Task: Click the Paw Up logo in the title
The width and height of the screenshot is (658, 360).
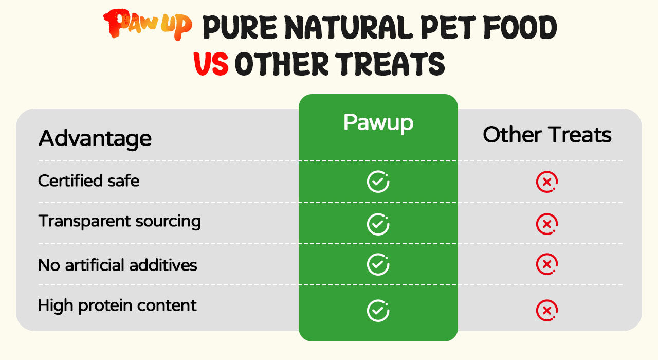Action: (x=148, y=25)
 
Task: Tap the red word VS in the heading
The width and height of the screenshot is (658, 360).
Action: (x=211, y=64)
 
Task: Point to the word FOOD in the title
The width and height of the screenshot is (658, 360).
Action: (x=520, y=27)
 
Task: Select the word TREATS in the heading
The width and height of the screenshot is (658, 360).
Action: (x=390, y=64)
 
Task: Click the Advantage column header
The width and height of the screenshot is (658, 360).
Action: (x=95, y=139)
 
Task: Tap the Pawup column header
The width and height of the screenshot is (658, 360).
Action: (x=378, y=123)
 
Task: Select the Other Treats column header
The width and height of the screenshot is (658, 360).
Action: (x=547, y=135)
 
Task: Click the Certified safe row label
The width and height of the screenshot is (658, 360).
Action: (x=89, y=181)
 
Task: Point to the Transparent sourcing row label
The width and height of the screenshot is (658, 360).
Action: (x=120, y=222)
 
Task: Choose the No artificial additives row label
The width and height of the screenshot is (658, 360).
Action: (x=118, y=265)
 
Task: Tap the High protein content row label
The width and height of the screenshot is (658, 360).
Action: (x=117, y=306)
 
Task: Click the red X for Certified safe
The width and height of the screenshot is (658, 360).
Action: (x=547, y=182)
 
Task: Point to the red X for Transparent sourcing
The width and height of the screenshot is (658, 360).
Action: (x=547, y=224)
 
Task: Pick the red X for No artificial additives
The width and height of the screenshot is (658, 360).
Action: (x=547, y=264)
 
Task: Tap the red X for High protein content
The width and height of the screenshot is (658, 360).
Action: (x=547, y=311)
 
